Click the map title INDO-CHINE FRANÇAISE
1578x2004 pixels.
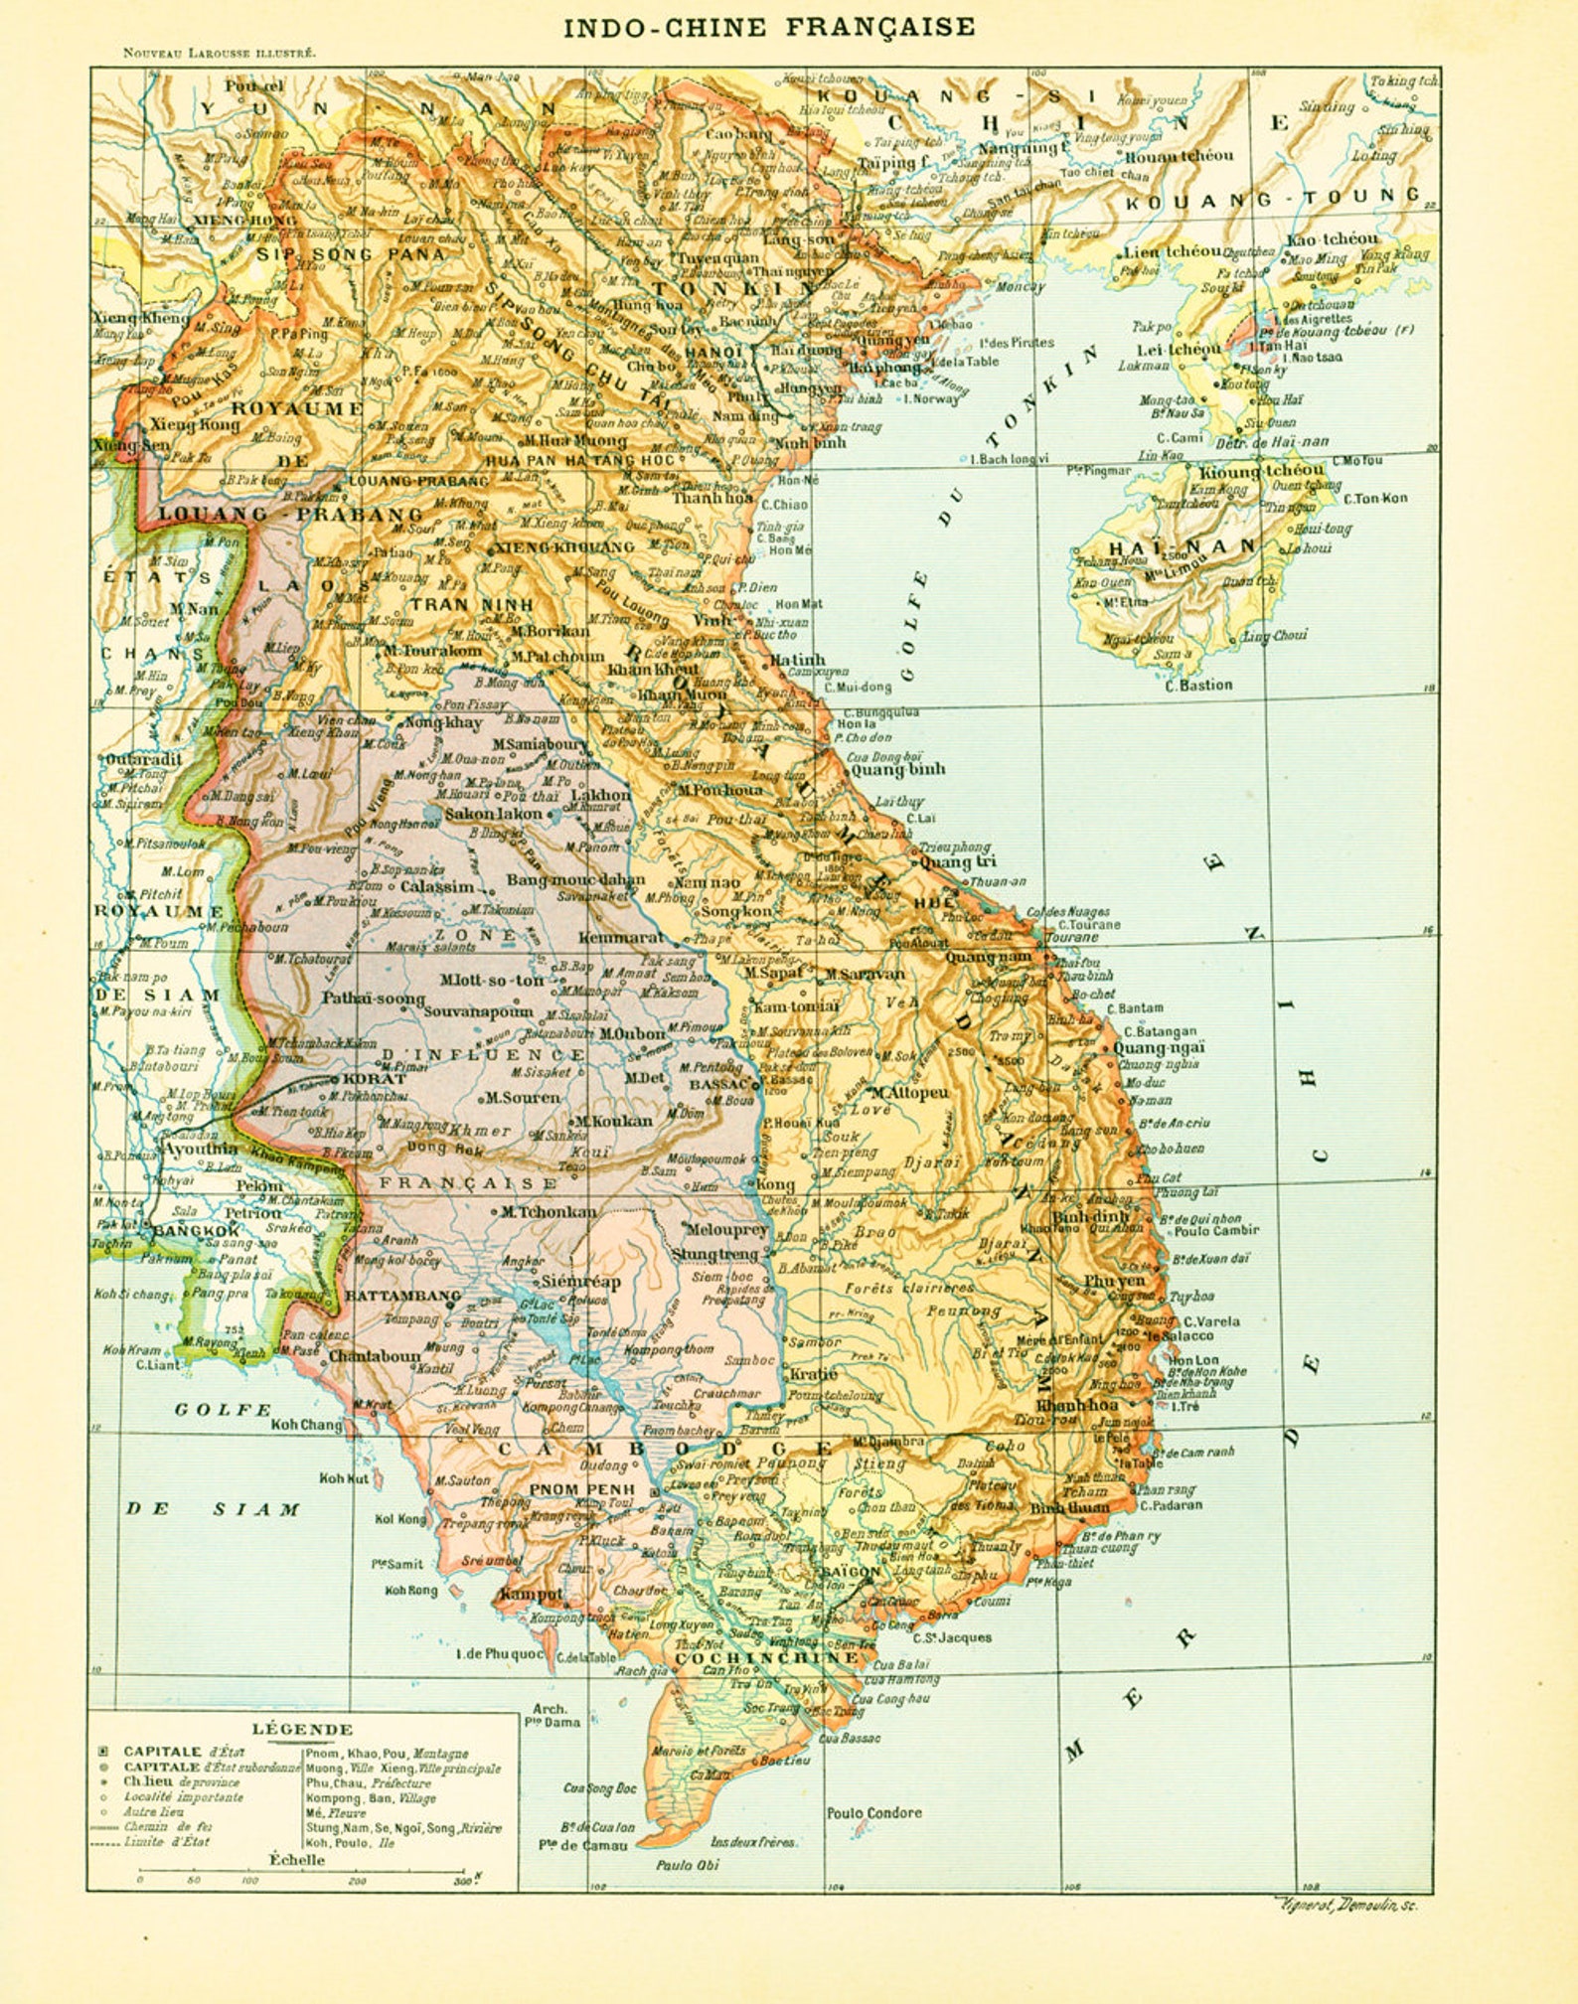(769, 27)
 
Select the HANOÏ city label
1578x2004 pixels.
(712, 352)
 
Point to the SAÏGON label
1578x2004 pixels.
(851, 1573)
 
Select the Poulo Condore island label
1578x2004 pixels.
(873, 1813)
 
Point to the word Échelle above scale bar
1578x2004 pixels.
(297, 1860)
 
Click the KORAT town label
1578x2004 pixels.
(374, 1079)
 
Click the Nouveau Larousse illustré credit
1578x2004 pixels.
(220, 54)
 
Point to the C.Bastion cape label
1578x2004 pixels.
(1198, 685)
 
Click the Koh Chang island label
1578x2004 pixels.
(306, 1425)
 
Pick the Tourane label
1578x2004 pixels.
(1071, 937)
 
